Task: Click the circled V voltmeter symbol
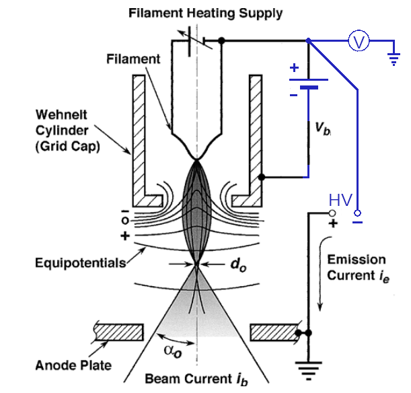point(359,42)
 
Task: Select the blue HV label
point(340,200)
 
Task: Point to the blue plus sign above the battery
point(294,68)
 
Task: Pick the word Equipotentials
point(80,262)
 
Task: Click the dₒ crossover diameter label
point(236,265)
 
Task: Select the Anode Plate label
point(73,365)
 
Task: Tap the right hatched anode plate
point(272,331)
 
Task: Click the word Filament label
point(133,59)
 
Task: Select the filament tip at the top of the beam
point(196,159)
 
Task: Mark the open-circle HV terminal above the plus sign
point(332,213)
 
